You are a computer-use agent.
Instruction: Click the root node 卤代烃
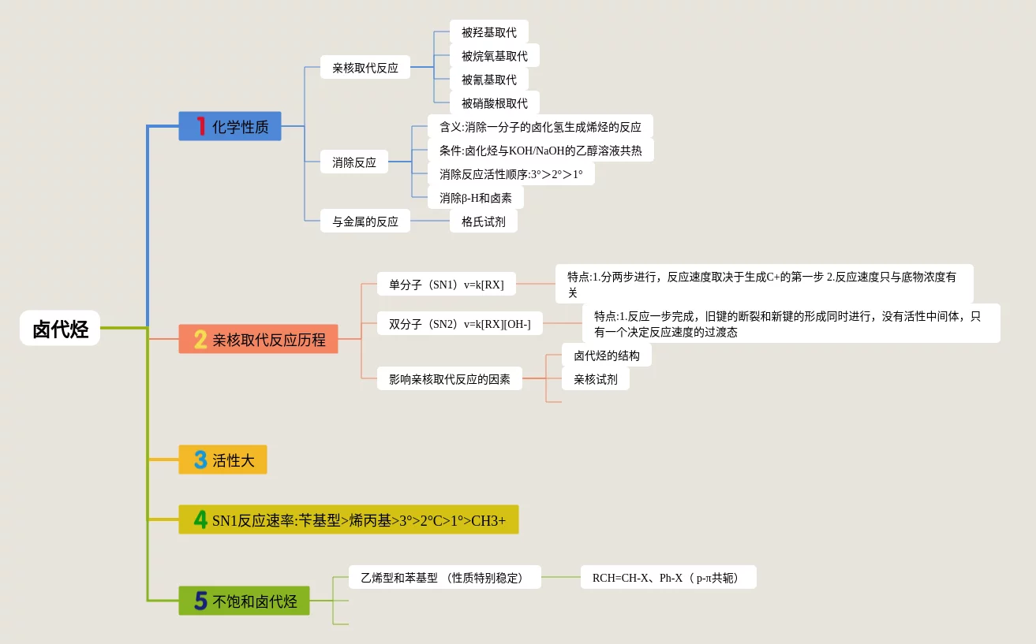pyautogui.click(x=60, y=328)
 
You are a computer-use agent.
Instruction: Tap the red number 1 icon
pyautogui.click(x=200, y=126)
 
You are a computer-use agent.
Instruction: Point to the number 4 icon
pyautogui.click(x=200, y=519)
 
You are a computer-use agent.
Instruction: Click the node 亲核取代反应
pyautogui.click(x=365, y=68)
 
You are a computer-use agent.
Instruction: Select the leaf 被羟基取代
pyautogui.click(x=488, y=32)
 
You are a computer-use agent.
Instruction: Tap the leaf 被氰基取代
pyautogui.click(x=488, y=80)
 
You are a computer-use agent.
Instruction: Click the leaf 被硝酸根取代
pyautogui.click(x=494, y=103)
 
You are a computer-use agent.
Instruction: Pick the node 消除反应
pyautogui.click(x=354, y=162)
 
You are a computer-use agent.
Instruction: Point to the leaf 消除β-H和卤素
pyautogui.click(x=475, y=198)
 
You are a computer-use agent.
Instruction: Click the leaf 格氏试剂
pyautogui.click(x=483, y=221)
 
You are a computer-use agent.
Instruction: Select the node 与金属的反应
pyautogui.click(x=365, y=221)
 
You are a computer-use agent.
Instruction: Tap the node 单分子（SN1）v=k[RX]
pyautogui.click(x=446, y=284)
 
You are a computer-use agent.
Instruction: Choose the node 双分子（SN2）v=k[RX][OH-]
pyautogui.click(x=459, y=323)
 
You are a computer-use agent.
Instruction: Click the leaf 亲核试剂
pyautogui.click(x=595, y=378)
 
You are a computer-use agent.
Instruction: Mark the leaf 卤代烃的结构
pyautogui.click(x=606, y=355)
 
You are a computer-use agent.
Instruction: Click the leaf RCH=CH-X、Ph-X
pyautogui.click(x=668, y=577)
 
